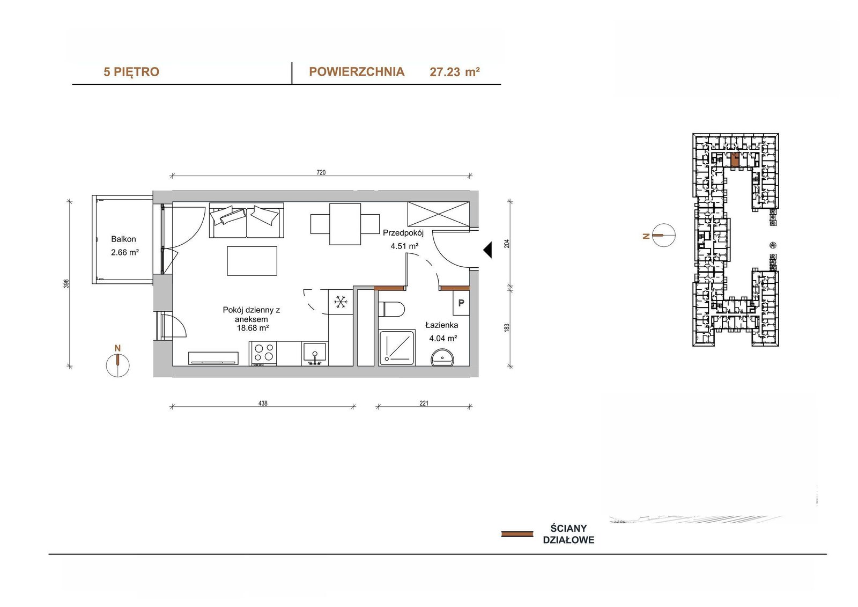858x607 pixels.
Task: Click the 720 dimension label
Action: point(321,173)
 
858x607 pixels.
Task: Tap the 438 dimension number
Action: point(263,404)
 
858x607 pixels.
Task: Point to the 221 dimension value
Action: point(424,404)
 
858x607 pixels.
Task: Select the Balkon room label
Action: point(123,239)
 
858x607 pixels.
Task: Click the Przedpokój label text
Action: point(403,233)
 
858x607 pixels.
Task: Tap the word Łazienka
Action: point(442,325)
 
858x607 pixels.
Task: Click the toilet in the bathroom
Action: point(391,309)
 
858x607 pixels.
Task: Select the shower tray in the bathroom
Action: point(397,348)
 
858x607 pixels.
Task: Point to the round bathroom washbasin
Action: point(442,358)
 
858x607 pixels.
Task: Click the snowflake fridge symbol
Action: point(341,302)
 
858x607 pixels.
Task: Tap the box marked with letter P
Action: point(461,303)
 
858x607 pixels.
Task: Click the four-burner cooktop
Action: point(263,353)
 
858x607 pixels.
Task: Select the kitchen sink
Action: point(315,354)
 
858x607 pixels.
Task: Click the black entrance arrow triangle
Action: point(487,251)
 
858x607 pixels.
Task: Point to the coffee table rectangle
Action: point(252,261)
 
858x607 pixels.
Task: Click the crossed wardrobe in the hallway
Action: point(439,214)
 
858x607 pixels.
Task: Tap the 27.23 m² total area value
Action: point(455,72)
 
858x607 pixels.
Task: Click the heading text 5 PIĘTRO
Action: point(131,72)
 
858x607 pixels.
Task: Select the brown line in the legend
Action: point(517,534)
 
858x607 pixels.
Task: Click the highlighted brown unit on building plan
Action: point(735,159)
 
